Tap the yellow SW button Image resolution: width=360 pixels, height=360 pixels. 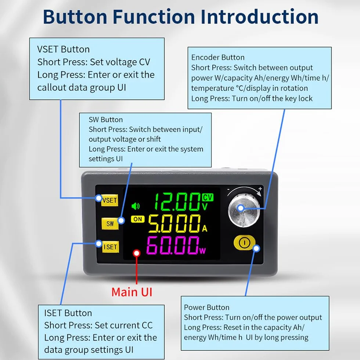tap(110, 223)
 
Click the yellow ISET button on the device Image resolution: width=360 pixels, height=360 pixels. tap(111, 247)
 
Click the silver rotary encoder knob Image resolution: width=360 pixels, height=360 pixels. tap(244, 211)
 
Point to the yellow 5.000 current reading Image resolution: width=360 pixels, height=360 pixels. tap(174, 223)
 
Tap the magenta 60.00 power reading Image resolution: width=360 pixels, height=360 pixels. tap(173, 245)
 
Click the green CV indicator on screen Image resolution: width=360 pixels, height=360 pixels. tap(208, 197)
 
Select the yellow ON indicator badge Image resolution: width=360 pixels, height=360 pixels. tap(138, 219)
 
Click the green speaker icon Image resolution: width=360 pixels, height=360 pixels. tap(136, 206)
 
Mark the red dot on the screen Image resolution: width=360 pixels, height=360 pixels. tap(137, 253)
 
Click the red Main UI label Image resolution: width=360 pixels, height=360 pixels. tap(132, 292)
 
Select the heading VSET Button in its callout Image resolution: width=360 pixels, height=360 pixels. tap(63, 49)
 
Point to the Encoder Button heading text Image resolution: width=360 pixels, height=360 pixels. tap(218, 57)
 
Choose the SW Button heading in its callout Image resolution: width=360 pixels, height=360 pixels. tap(106, 120)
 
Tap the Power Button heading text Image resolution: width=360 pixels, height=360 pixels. tap(206, 307)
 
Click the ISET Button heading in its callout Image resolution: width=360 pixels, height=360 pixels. tap(68, 313)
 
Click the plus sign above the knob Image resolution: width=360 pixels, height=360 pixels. tap(260, 188)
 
